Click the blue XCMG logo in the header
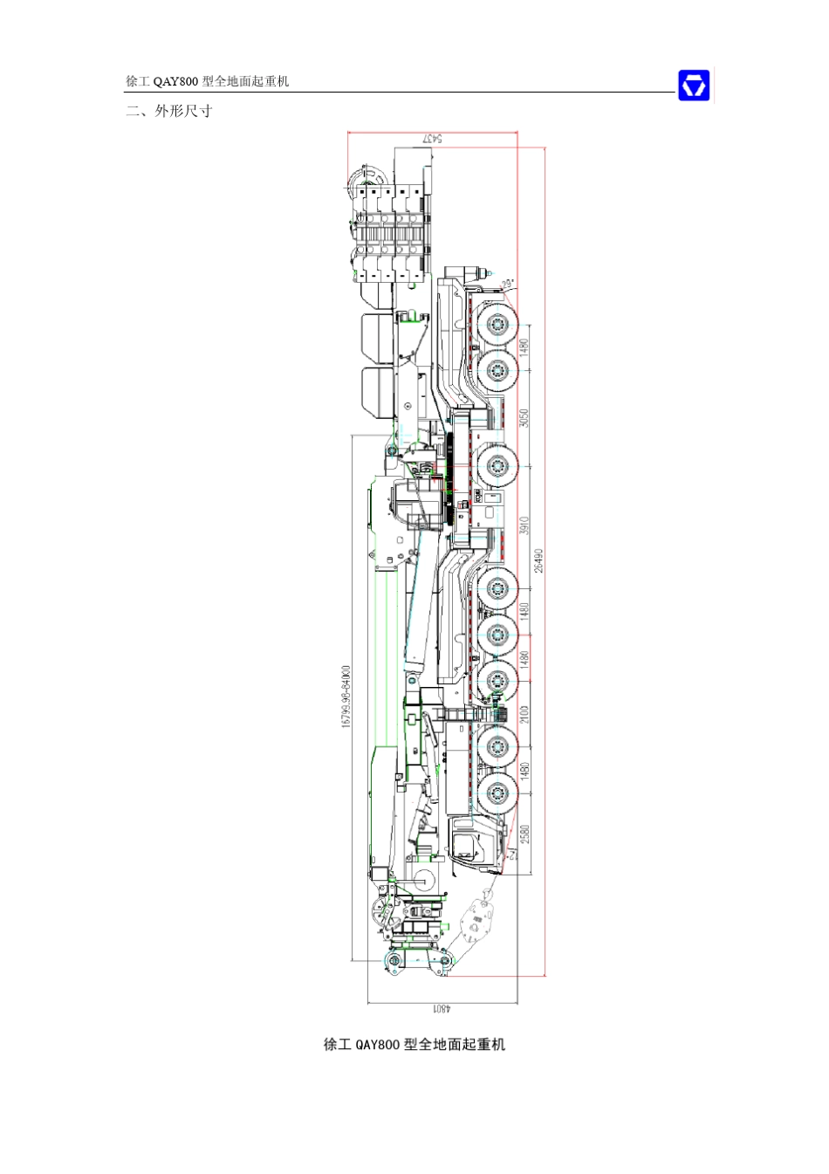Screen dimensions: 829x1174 tap(694, 86)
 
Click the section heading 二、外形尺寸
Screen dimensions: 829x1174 tap(168, 111)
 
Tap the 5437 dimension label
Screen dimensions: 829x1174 tap(432, 138)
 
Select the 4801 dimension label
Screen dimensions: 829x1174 tap(442, 1008)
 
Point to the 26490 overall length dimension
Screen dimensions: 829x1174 tap(539, 560)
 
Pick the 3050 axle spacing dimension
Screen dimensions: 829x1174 tap(524, 417)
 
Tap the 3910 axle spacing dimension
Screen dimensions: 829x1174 tap(524, 526)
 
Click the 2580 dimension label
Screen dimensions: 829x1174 tap(524, 834)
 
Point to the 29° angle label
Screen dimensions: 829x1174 tap(509, 283)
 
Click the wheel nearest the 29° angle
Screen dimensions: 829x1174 tap(497, 326)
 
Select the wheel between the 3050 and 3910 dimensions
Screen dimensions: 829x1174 tap(497, 467)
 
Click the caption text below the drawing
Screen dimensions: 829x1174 tap(414, 1044)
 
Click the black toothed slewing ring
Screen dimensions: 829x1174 tap(451, 480)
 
